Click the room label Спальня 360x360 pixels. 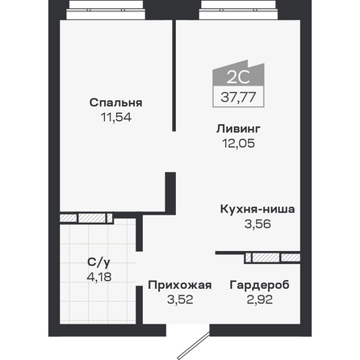tap(115, 103)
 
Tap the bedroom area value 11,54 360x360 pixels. tap(116, 117)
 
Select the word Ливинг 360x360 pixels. tap(238, 129)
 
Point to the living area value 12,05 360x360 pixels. tap(238, 144)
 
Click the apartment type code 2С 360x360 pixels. tap(238, 77)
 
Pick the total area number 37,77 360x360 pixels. tap(238, 97)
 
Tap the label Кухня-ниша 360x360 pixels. tap(257, 209)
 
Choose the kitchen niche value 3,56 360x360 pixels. tap(257, 224)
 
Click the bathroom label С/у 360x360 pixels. tap(98, 262)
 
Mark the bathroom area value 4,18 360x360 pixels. tap(99, 277)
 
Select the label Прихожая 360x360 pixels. tap(180, 285)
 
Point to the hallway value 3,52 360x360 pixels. tap(180, 299)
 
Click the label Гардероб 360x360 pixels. tap(259, 285)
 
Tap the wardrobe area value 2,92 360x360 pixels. tap(260, 299)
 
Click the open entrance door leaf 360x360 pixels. tap(194, 345)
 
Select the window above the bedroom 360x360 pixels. tap(106, 10)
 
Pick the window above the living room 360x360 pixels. tap(238, 10)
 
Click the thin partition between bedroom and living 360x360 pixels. tap(174, 76)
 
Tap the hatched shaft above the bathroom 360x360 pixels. tap(86, 218)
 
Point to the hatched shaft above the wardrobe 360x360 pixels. tap(273, 257)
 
